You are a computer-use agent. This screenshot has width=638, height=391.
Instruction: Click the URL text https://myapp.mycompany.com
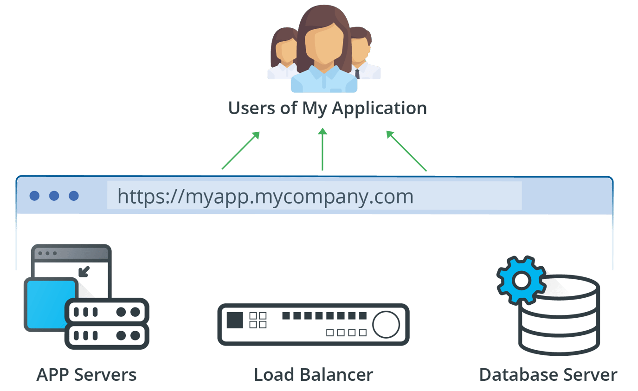tap(265, 196)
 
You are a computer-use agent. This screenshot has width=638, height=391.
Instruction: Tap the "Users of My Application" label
tap(327, 108)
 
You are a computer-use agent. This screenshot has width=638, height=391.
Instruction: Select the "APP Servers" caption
tap(86, 374)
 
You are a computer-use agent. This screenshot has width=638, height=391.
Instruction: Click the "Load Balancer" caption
tap(313, 374)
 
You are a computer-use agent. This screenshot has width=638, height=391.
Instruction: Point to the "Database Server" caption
tap(548, 374)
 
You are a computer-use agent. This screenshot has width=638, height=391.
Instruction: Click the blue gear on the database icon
tap(521, 280)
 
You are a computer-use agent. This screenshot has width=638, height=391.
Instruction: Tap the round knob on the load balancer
tap(386, 324)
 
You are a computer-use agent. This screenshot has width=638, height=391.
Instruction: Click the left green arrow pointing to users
tap(240, 151)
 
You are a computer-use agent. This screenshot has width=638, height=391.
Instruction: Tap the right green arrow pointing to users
tap(406, 151)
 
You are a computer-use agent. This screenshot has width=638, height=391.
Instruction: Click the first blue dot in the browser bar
tap(34, 196)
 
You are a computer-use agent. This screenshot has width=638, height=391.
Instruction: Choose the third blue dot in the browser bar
tap(73, 196)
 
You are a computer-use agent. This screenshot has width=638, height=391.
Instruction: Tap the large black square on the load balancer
tap(235, 320)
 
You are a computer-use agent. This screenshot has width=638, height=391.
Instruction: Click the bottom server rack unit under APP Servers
tap(107, 335)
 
